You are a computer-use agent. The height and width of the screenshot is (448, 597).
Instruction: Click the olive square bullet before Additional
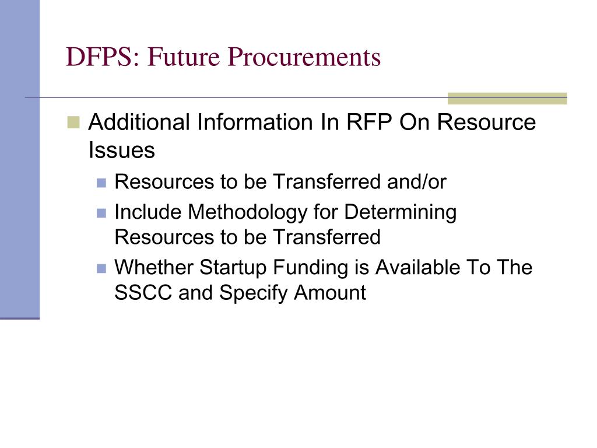pos(73,123)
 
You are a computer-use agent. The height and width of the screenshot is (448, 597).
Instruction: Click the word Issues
pos(121,150)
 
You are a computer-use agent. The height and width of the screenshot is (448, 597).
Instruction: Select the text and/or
pos(417,182)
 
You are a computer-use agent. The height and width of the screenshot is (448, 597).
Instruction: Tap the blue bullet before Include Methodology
pos(101,213)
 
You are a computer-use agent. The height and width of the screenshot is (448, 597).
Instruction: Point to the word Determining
pos(401,212)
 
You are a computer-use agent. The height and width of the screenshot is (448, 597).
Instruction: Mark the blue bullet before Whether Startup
pos(101,269)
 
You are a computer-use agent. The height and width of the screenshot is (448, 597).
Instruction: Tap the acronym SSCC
pos(144,292)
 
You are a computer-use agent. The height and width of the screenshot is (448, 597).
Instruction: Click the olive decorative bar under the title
pos(507,98)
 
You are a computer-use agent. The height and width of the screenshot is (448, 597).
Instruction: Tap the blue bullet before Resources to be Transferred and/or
pos(101,183)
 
